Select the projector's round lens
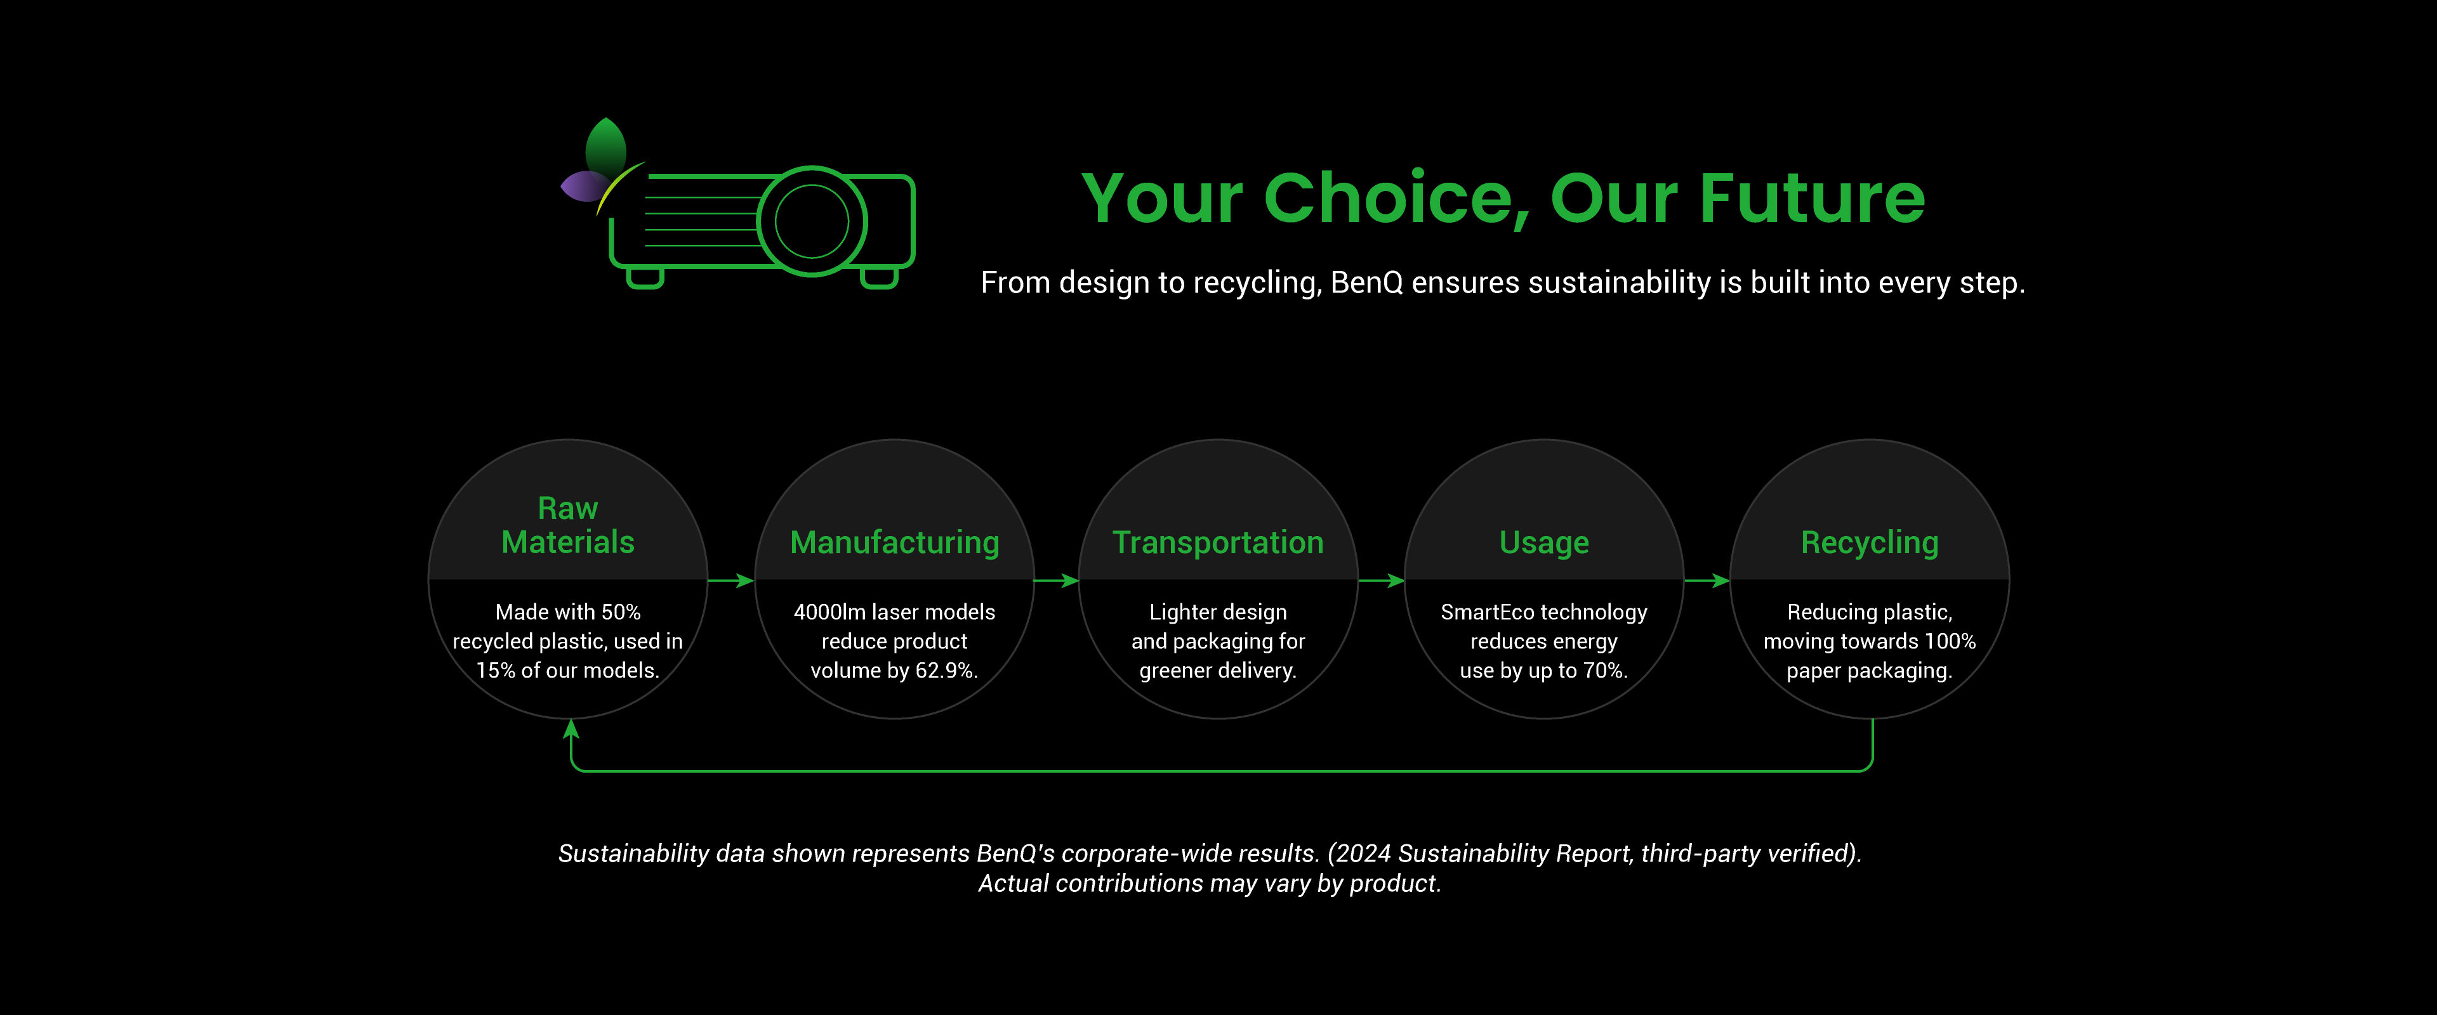812,221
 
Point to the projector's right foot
879,278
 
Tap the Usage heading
1544,543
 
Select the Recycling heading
1870,543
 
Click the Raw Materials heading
567,525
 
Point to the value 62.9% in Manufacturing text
946,670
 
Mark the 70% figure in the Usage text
1606,670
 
